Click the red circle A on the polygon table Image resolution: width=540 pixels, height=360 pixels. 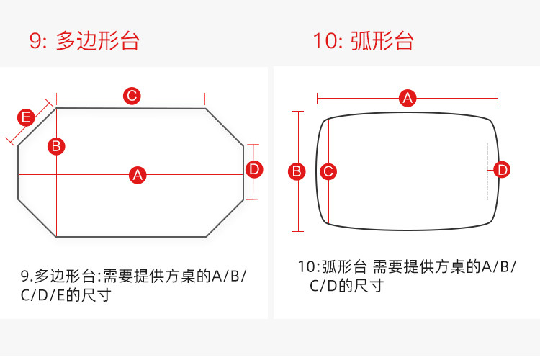coord(138,174)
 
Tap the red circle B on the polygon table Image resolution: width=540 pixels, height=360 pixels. coord(56,146)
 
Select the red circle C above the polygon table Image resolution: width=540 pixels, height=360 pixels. coord(131,96)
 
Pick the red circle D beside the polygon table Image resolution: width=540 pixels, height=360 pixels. coord(254,170)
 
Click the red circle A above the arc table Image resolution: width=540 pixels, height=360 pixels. coord(408,98)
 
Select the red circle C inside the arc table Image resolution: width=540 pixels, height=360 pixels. coord(328,171)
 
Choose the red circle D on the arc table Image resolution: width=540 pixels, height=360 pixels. coord(503,170)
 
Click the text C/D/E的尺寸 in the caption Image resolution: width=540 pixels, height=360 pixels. coord(66,295)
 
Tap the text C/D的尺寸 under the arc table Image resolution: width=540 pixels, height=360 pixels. coord(346,286)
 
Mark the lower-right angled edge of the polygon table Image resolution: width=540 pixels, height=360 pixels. coord(225,218)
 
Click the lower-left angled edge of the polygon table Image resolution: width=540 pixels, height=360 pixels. coord(36,217)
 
